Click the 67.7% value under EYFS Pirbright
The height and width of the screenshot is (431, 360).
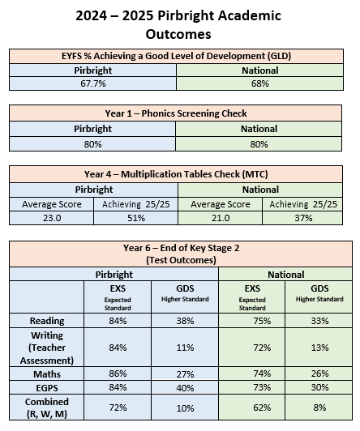93,83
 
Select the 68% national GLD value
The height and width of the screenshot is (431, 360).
260,83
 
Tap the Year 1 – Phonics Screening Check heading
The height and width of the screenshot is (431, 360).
176,113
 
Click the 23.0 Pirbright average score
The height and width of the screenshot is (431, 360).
52,218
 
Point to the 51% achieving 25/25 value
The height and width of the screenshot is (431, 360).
136,218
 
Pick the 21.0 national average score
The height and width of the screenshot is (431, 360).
221,218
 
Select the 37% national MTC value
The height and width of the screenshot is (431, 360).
303,218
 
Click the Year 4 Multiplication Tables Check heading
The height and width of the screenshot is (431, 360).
176,174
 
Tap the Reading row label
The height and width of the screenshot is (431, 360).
47,321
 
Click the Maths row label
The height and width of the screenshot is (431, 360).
47,374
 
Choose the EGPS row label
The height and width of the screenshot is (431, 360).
47,388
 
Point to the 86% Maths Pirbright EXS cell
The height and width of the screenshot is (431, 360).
118,373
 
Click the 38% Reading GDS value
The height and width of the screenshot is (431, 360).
185,321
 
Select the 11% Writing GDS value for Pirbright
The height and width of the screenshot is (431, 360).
185,348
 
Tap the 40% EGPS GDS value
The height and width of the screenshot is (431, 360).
185,388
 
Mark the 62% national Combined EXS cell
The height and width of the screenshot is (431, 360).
262,408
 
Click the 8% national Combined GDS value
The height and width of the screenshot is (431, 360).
319,408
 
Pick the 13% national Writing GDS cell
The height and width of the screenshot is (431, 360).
319,348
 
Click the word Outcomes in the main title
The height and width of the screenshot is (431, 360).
178,34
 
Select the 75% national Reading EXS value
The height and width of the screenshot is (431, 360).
262,321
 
